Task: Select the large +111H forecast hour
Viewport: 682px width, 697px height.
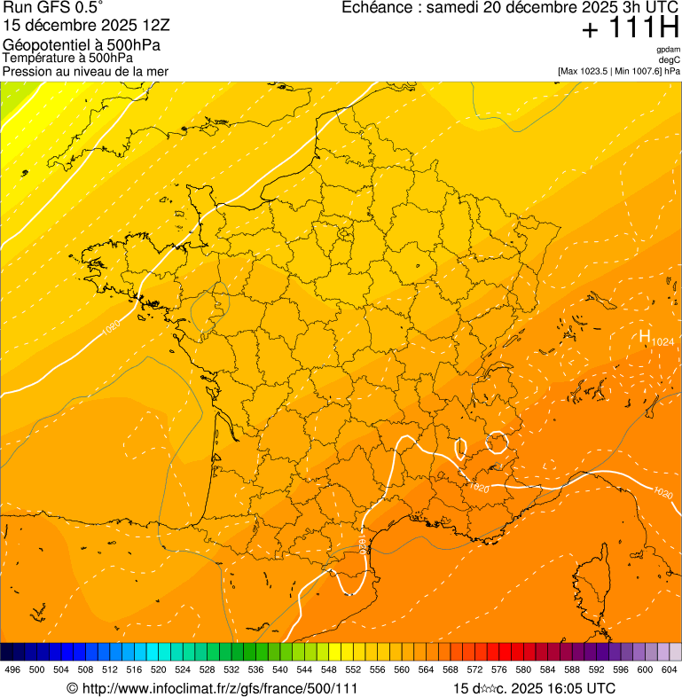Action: [630, 28]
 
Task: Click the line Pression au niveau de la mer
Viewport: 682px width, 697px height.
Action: [85, 71]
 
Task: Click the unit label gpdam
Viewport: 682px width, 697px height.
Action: [668, 50]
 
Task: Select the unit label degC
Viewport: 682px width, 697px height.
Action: [670, 59]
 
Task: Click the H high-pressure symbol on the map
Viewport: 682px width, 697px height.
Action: [645, 336]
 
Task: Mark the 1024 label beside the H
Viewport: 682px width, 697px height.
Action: [662, 341]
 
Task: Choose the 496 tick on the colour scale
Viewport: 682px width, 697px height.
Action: [12, 670]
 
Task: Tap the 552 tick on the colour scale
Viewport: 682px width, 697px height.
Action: [352, 670]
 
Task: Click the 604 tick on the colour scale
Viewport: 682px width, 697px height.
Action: [669, 670]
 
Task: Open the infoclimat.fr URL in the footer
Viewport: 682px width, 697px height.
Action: [218, 688]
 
